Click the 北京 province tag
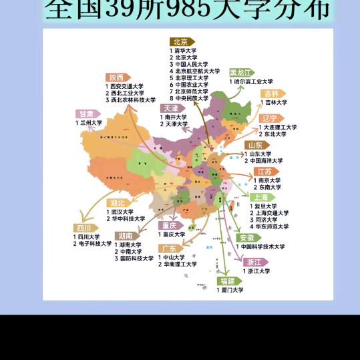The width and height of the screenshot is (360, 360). [179, 41]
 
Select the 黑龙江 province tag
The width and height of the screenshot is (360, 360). [242, 72]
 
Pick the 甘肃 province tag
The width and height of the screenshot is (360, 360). [86, 114]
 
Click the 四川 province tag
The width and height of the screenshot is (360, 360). [84, 228]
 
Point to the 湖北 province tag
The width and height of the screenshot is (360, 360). [119, 203]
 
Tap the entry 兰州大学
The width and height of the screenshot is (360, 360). [90, 123]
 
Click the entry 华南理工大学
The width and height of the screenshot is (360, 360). [180, 264]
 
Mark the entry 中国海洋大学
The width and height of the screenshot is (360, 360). [265, 160]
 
